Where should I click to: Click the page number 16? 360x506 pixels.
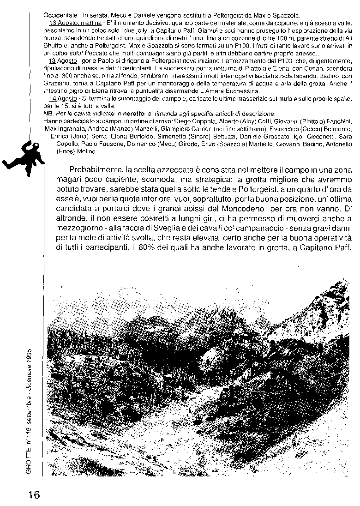(x=33, y=495)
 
